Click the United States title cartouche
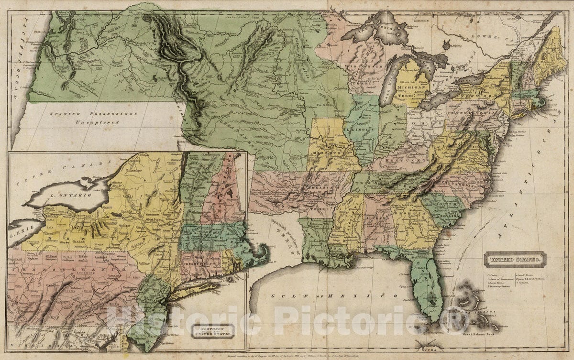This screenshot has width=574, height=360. point(515,260)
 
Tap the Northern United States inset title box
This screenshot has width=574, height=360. point(212,331)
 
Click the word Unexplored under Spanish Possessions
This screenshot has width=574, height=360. point(96,122)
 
